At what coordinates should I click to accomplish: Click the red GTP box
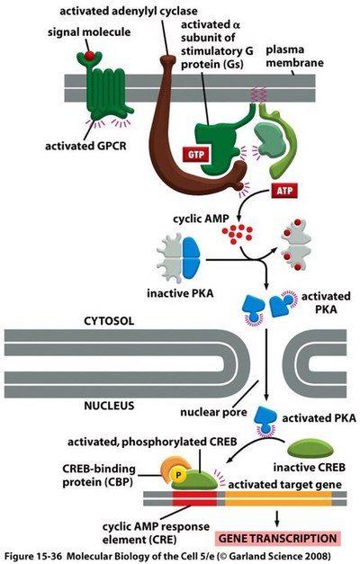(196, 155)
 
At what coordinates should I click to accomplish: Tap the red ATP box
(284, 191)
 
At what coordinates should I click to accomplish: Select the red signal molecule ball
(89, 56)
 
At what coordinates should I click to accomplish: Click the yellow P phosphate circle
(178, 475)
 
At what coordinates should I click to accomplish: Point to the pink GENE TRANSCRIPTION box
(277, 539)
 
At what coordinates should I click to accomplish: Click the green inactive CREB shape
(310, 450)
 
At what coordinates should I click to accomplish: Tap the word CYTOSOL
(109, 321)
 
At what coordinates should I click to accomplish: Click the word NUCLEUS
(109, 406)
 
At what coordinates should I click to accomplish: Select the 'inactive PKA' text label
(180, 293)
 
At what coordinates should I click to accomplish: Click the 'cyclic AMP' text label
(201, 219)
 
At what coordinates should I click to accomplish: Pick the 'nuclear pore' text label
(213, 412)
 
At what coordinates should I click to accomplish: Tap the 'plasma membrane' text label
(294, 56)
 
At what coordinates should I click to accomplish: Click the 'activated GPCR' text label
(85, 147)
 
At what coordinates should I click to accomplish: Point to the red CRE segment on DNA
(194, 498)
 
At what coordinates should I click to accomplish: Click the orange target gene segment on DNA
(278, 498)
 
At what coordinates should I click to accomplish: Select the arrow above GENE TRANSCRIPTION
(277, 518)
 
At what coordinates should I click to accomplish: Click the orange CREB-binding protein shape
(174, 467)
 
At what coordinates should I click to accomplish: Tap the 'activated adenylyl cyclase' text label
(129, 11)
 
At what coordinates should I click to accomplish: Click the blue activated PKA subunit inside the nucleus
(265, 419)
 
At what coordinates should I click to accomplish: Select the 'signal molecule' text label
(89, 32)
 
